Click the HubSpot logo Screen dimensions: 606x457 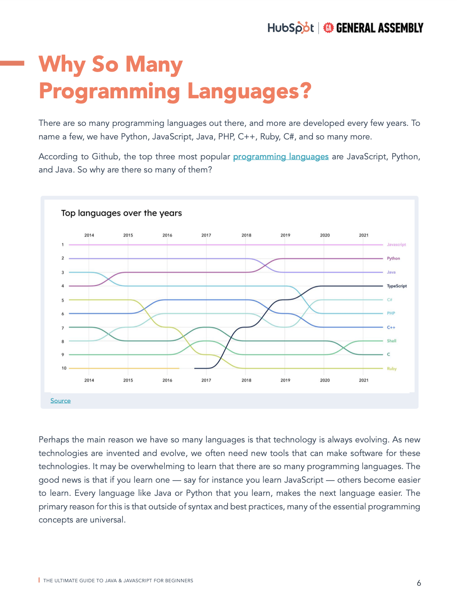[290, 28]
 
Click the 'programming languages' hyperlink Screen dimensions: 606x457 [281, 157]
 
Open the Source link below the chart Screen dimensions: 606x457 [61, 401]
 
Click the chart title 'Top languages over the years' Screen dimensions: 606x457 [121, 213]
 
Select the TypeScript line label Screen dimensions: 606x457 [396, 286]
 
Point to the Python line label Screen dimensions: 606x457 [393, 259]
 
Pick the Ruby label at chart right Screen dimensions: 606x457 [391, 369]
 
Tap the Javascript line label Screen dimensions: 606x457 [396, 245]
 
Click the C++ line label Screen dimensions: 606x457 [391, 328]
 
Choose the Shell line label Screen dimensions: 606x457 [391, 341]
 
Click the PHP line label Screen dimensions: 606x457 [390, 314]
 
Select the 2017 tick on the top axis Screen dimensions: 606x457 [206, 235]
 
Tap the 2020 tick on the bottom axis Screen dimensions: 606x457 [325, 380]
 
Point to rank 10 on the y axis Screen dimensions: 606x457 [64, 368]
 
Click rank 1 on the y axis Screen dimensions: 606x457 [63, 245]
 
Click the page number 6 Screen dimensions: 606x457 [419, 583]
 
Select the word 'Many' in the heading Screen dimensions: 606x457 [154, 65]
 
